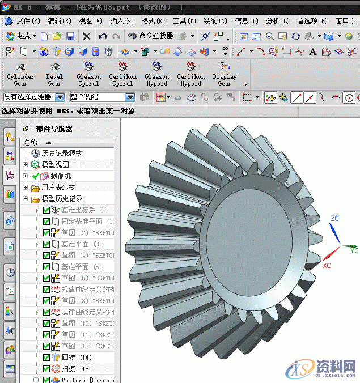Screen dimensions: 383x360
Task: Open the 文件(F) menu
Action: click(28, 21)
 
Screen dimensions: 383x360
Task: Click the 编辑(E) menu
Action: click(60, 21)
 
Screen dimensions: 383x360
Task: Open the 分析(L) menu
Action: click(277, 21)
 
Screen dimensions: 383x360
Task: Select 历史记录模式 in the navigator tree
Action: click(61, 154)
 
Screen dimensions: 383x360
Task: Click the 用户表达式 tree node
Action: click(58, 188)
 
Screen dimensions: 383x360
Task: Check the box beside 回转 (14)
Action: click(46, 358)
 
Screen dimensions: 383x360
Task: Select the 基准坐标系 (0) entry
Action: click(84, 210)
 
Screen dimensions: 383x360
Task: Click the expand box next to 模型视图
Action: click(25, 165)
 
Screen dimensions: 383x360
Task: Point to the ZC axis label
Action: click(334, 218)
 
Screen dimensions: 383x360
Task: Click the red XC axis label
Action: click(327, 265)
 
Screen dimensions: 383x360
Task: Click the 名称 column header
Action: click(31, 143)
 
